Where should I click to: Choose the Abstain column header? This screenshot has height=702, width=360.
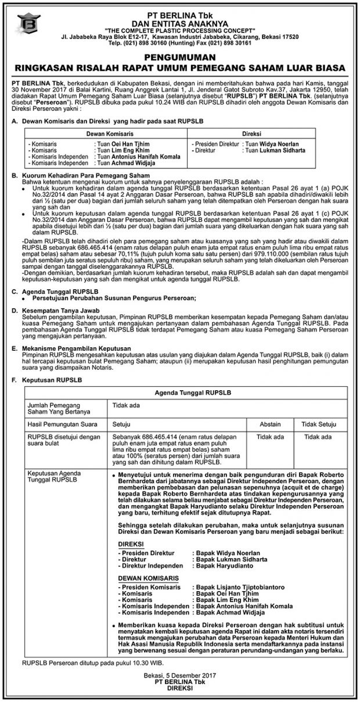(x=270, y=424)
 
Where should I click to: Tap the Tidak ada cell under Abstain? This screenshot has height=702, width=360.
(x=270, y=437)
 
